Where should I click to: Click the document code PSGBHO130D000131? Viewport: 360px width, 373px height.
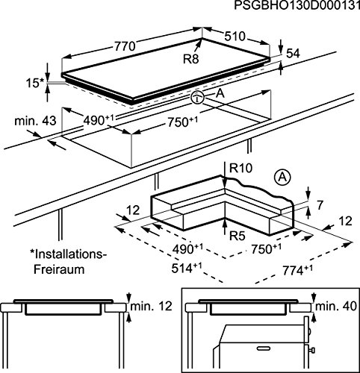coord(297,5)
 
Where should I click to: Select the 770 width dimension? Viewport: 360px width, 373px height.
coord(125,46)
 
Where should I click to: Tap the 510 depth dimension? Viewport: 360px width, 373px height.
coord(235,37)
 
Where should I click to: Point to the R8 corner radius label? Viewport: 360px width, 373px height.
coord(191,59)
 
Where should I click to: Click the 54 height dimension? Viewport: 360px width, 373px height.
coord(293,54)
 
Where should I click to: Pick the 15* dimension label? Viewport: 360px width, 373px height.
coord(35,83)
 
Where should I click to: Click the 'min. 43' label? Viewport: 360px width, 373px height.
coord(35,121)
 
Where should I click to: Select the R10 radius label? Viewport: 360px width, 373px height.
coord(240,169)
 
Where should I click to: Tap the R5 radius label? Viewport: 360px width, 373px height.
coord(237,236)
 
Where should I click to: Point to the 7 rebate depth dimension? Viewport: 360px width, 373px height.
coord(320,205)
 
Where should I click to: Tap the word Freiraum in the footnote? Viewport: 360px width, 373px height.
coord(59,269)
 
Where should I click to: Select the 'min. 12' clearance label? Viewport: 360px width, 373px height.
coord(151,306)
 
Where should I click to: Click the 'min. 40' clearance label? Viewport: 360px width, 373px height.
coord(336,306)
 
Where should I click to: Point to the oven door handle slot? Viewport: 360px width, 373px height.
coord(264,347)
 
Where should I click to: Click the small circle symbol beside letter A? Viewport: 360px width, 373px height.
coord(197,98)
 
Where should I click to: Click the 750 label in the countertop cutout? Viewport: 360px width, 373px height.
coord(182,122)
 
